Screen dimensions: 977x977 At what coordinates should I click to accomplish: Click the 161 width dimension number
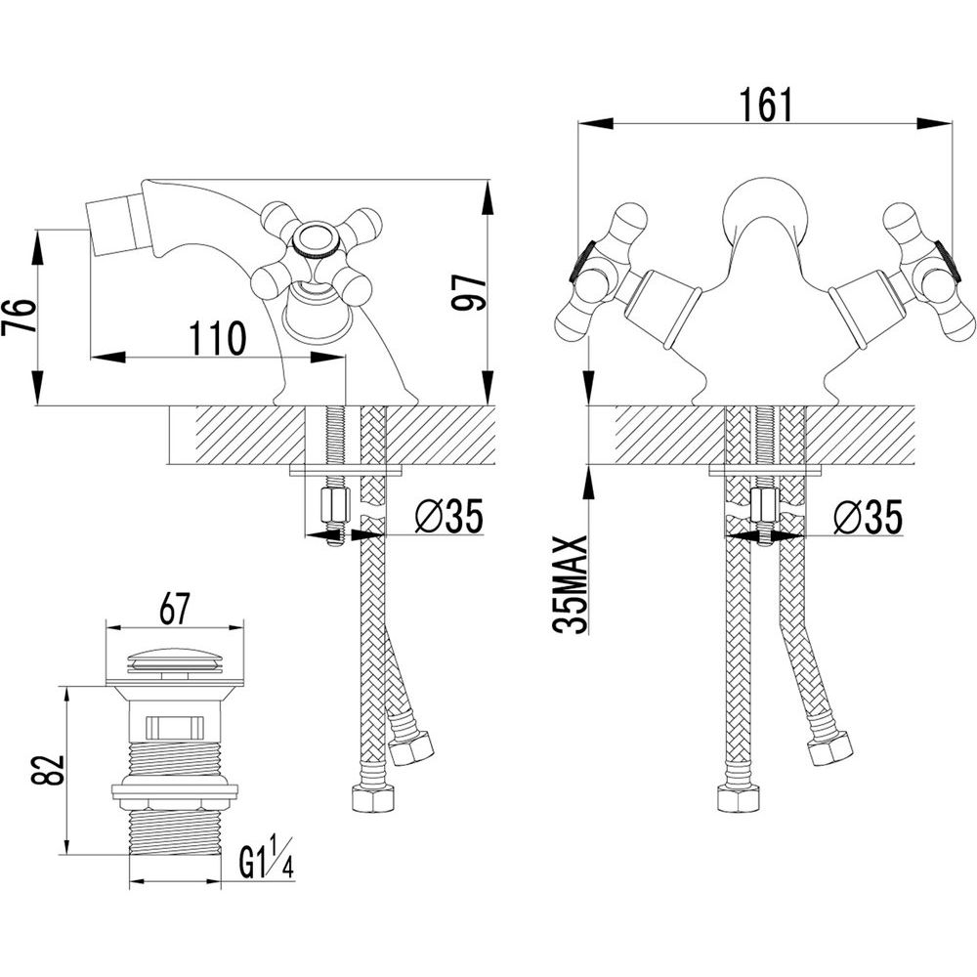pos(766,105)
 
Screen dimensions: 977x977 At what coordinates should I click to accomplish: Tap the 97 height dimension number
pos(468,292)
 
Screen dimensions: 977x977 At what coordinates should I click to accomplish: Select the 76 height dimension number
pos(19,317)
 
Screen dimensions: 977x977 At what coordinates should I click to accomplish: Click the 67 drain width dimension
pos(174,609)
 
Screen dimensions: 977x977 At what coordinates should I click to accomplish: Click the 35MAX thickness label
pos(571,584)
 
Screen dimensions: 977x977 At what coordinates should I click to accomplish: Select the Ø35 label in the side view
pos(449,516)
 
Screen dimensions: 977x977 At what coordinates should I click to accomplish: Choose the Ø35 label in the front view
pos(868,517)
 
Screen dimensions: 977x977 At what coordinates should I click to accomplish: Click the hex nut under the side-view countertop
pos(334,506)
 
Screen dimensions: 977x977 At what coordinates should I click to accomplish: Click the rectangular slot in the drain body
pos(174,727)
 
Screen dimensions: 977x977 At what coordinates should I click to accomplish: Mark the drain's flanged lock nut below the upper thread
pos(175,791)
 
